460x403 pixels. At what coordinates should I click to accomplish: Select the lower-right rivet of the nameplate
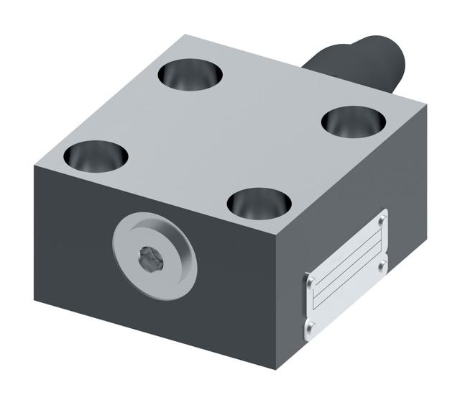(382, 268)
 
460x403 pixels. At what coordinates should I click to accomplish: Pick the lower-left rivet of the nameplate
(309, 330)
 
